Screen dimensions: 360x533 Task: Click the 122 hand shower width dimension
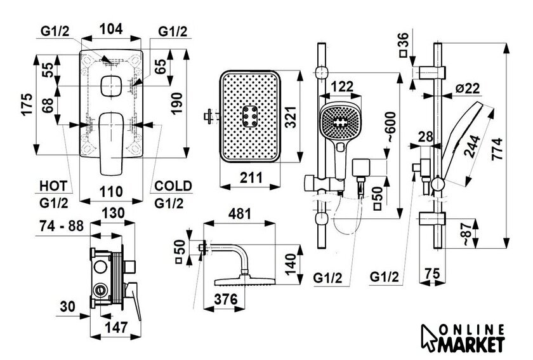pos(343,88)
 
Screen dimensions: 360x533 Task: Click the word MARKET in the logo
pos(473,343)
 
